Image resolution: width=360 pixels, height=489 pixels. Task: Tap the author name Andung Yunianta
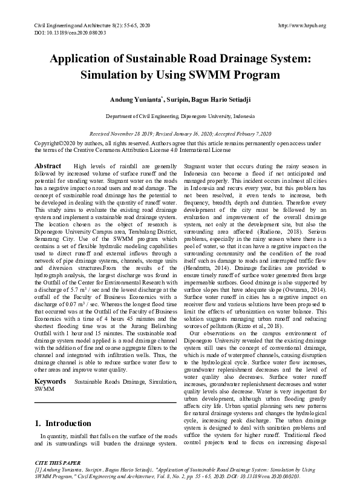(x=135, y=98)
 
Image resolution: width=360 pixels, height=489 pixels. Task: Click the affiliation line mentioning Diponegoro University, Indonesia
(x=180, y=115)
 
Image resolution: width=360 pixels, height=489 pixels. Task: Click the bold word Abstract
(x=48, y=166)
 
